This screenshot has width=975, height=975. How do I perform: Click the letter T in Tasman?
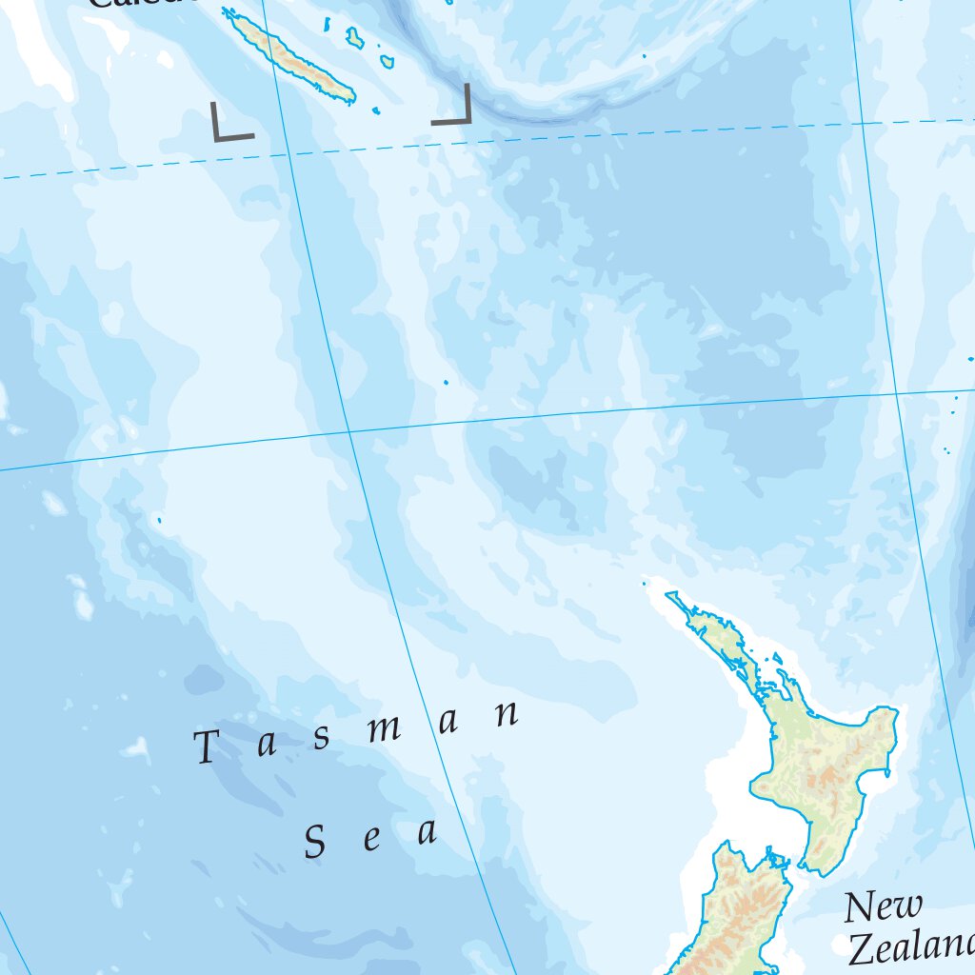pos(207,747)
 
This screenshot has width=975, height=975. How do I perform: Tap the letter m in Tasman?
pos(385,729)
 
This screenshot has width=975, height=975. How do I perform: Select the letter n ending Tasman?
pos(507,715)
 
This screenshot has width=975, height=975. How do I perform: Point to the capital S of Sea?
pos(315,843)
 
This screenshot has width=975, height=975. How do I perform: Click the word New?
pos(883,906)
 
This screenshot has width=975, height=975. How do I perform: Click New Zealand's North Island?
pos(819,762)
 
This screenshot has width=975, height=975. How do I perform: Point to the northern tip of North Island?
pos(670,596)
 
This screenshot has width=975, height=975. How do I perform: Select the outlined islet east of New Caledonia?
pos(355,38)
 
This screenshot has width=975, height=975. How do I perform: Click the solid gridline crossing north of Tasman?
pos(349,432)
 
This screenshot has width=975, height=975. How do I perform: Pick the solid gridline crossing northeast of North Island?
pos(897,392)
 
